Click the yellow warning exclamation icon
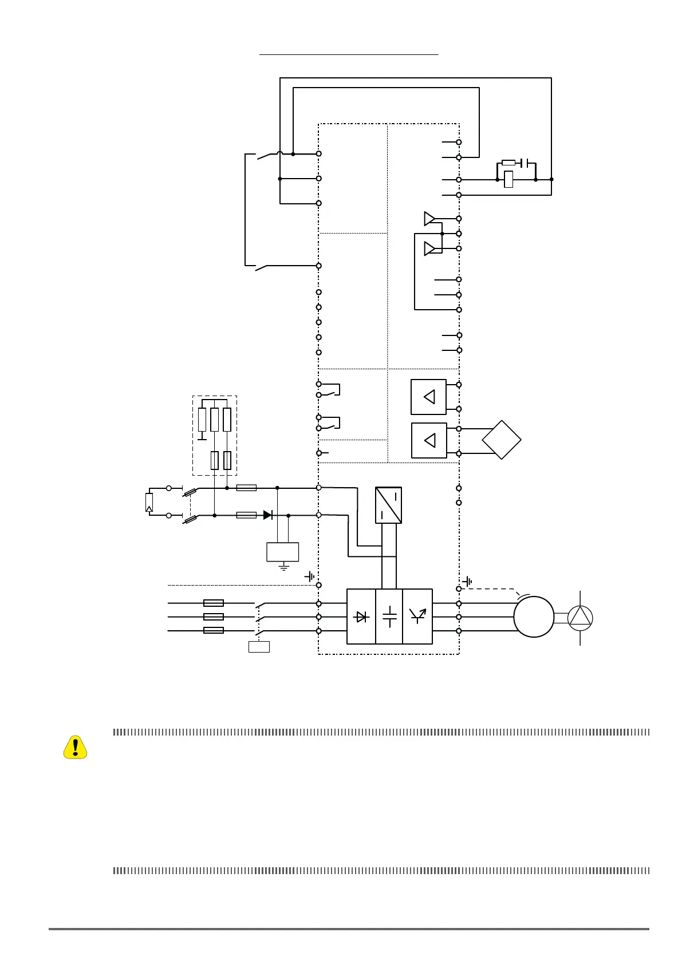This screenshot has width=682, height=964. point(75,747)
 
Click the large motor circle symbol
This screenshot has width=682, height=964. point(534,617)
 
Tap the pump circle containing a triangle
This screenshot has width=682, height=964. point(580,618)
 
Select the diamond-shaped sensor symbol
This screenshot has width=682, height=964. point(502,440)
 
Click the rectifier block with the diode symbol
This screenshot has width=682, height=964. point(361,617)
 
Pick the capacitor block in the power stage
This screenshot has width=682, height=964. point(389,617)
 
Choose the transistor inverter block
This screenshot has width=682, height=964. point(417,617)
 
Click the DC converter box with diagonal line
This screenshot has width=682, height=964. point(388,505)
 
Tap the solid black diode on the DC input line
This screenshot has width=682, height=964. point(267,515)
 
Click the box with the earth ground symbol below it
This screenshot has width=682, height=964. point(283,552)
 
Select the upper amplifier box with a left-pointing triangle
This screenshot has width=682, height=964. point(428,397)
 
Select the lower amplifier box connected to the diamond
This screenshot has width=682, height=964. point(429,440)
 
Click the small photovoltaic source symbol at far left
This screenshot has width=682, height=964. point(149,502)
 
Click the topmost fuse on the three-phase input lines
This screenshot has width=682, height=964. point(214,603)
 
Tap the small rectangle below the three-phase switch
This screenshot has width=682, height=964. point(259,647)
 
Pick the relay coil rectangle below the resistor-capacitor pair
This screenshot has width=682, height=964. point(508,180)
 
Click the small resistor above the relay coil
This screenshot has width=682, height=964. point(508,163)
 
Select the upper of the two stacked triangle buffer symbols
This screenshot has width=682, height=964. point(429,218)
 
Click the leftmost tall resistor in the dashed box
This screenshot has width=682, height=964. point(202,420)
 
